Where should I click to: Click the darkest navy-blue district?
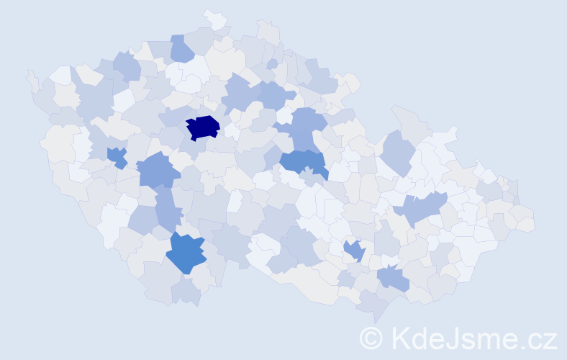point(202,127)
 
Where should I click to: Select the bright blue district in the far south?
point(185,253)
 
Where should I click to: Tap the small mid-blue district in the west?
point(117,156)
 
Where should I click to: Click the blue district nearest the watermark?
point(393,276)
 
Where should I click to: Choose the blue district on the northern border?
point(181,48)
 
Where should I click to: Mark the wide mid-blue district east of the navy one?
point(303,163)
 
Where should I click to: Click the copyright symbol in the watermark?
point(371,338)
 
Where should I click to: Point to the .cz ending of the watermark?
point(534,338)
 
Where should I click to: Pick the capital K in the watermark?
point(401,338)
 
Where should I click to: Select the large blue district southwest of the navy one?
point(157,171)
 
